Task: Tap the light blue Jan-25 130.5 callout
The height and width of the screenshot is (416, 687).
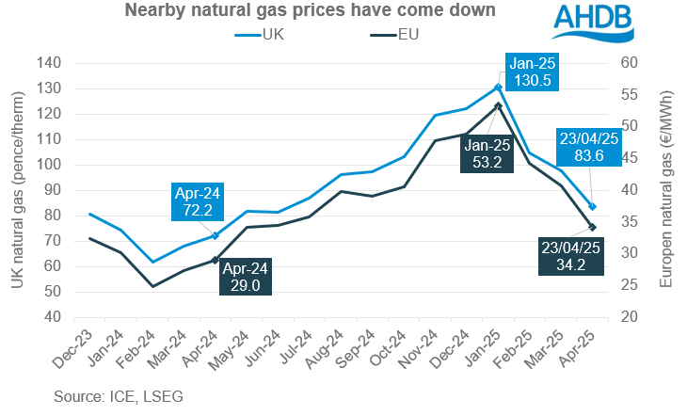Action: (x=533, y=72)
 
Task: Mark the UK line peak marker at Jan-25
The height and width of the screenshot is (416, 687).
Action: (x=498, y=88)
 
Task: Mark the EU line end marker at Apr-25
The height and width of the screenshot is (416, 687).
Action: (x=592, y=227)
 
